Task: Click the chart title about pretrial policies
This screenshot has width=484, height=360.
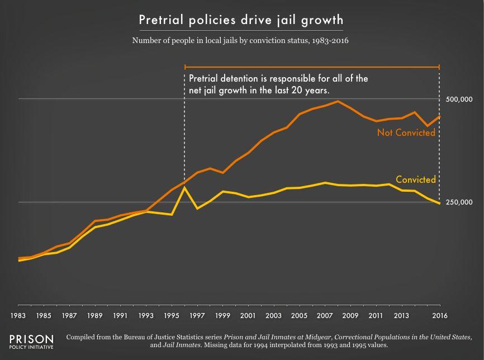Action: click(x=241, y=20)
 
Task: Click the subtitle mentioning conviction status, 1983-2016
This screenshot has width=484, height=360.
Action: click(x=241, y=41)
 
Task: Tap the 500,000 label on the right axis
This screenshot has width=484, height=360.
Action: click(x=459, y=100)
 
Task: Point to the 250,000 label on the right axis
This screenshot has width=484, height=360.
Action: click(x=459, y=202)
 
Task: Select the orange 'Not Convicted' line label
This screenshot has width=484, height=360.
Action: click(x=406, y=133)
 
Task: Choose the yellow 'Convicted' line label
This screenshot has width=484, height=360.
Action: click(x=415, y=179)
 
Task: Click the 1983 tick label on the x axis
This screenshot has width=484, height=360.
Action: click(x=18, y=315)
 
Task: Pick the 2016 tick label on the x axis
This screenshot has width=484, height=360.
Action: click(x=440, y=315)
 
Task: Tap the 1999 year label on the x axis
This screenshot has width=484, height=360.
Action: click(x=223, y=315)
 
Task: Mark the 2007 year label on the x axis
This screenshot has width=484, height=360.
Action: click(x=325, y=315)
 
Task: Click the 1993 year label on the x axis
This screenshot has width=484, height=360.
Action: click(x=146, y=315)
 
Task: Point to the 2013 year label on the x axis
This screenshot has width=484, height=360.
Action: click(x=402, y=315)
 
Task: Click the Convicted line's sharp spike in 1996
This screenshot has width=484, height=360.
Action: click(x=184, y=188)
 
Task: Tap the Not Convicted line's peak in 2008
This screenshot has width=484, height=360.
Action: click(x=338, y=101)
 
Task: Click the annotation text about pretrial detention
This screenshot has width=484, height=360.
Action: click(x=278, y=84)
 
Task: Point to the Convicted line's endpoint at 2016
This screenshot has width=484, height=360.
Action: click(x=440, y=203)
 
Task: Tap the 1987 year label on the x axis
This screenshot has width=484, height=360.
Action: click(x=69, y=315)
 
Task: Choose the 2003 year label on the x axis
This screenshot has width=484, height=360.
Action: click(x=274, y=315)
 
